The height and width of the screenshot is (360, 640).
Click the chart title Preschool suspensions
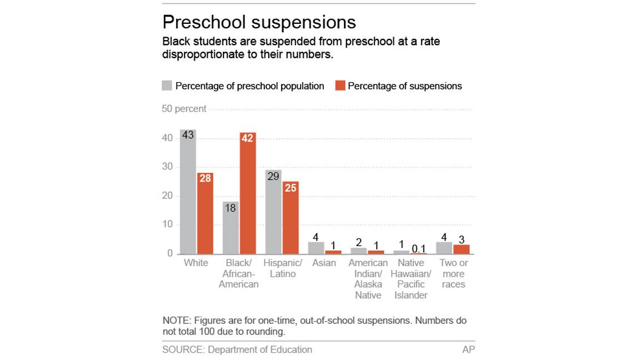click(x=259, y=22)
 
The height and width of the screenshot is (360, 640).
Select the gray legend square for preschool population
click(x=167, y=86)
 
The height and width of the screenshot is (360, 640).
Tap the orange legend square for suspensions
click(x=339, y=86)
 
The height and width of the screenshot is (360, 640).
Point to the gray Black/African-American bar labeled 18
click(x=231, y=228)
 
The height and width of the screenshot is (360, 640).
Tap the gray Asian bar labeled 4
click(x=316, y=248)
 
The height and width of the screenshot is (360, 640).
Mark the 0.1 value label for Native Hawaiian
click(x=419, y=248)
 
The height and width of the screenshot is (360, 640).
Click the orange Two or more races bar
click(x=462, y=249)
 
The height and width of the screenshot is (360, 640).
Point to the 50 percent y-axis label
click(x=184, y=109)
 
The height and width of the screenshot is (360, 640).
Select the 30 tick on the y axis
click(x=167, y=167)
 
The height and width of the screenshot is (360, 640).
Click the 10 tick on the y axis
click(x=167, y=225)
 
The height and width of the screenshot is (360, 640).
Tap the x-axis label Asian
click(x=324, y=263)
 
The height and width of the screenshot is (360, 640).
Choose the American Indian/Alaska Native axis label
click(x=368, y=279)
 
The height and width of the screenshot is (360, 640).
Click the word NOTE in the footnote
click(x=175, y=321)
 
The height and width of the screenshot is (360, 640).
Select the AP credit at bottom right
click(x=468, y=349)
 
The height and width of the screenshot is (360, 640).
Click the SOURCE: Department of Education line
click(x=237, y=349)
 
